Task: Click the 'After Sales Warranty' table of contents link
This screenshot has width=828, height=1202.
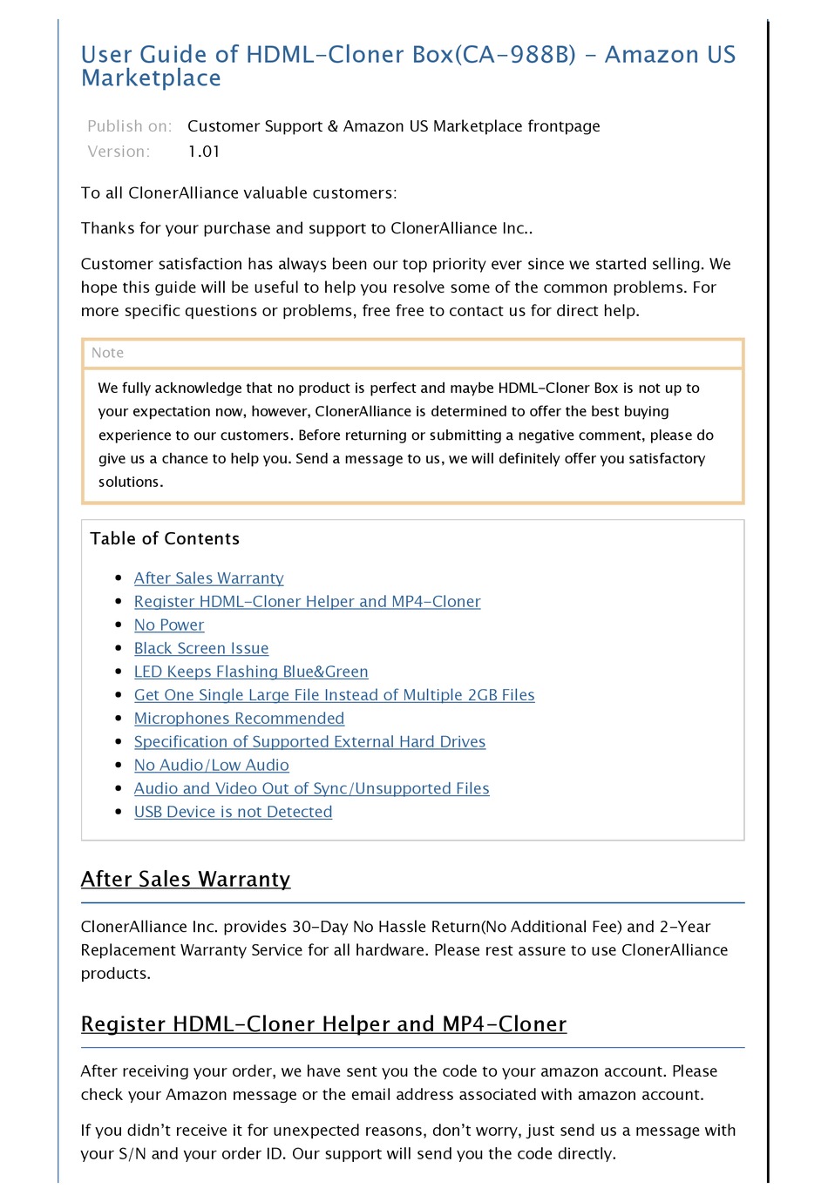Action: click(x=208, y=578)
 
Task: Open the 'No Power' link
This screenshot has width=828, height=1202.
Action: click(x=169, y=625)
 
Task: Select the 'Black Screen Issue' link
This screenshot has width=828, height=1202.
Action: click(x=201, y=649)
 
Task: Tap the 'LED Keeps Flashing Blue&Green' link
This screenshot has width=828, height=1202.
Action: click(x=251, y=672)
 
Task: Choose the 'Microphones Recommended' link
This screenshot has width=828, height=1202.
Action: click(x=239, y=719)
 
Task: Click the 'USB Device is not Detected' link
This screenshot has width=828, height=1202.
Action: click(x=233, y=812)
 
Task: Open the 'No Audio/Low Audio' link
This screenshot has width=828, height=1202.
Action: click(x=211, y=766)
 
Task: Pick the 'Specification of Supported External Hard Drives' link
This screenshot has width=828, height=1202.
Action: click(x=309, y=742)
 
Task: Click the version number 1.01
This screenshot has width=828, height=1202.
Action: click(x=204, y=152)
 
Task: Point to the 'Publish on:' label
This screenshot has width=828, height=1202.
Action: click(x=129, y=126)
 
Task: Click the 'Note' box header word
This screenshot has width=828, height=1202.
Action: click(x=107, y=353)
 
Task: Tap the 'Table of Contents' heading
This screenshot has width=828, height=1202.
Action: click(x=165, y=539)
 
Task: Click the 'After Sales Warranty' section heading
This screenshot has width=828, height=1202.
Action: click(x=185, y=880)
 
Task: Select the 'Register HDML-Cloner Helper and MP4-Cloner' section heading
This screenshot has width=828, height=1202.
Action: click(x=323, y=1024)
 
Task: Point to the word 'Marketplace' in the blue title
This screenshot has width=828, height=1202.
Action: click(x=151, y=78)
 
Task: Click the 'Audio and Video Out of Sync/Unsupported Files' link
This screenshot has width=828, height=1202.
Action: click(x=311, y=789)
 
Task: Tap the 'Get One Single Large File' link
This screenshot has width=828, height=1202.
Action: click(x=334, y=696)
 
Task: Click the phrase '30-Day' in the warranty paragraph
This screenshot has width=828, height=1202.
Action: click(x=320, y=927)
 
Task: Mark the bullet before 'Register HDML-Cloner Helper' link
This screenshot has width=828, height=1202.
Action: click(x=119, y=602)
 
